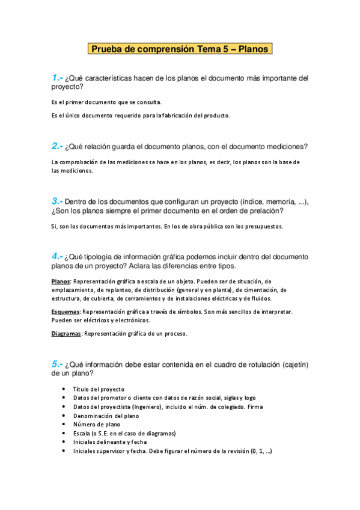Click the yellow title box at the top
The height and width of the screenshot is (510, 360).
180,49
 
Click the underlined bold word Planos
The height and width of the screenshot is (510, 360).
61,281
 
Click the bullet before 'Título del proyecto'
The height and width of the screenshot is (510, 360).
64,389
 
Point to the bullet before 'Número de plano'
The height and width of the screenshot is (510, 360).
64,425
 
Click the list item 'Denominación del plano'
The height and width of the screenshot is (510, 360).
106,416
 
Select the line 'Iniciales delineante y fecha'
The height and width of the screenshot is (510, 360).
109,442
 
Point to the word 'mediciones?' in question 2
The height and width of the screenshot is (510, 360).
284,146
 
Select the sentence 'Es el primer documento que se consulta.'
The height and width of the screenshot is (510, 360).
106,102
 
